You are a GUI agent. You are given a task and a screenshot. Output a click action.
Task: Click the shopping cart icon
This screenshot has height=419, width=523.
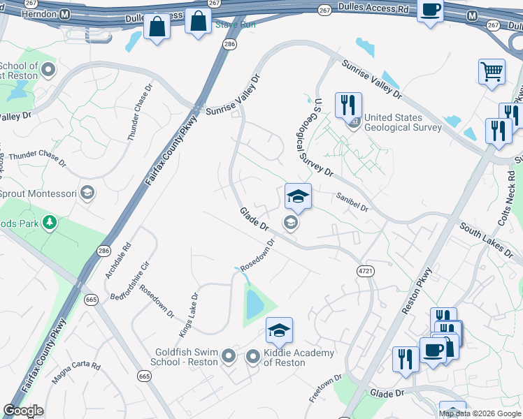492,71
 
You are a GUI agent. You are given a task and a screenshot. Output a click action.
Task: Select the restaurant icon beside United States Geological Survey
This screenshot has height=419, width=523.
348,105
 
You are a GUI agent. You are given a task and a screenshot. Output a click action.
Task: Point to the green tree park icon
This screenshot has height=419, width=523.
50,223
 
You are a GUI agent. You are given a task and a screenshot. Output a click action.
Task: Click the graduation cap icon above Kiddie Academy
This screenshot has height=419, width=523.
279,330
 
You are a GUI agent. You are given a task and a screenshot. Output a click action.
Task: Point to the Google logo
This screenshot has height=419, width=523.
24,411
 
